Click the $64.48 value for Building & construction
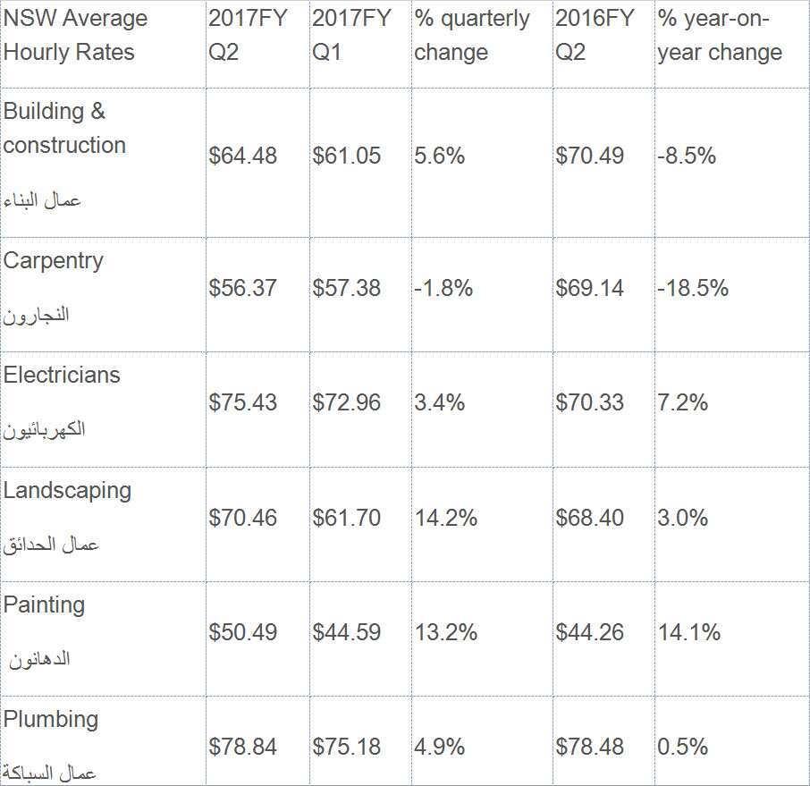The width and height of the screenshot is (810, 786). click(243, 156)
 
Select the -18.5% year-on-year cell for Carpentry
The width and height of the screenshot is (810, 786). click(692, 288)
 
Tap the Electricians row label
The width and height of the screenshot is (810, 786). click(62, 375)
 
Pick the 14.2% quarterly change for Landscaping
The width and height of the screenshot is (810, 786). click(445, 518)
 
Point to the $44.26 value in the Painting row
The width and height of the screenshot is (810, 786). click(589, 632)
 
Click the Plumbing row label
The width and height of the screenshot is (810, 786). click(51, 719)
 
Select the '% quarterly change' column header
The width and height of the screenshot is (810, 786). click(471, 36)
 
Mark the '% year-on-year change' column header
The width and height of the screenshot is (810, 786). click(720, 36)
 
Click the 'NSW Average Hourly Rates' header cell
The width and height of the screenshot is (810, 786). click(75, 36)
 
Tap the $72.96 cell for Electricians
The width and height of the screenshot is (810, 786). click(346, 402)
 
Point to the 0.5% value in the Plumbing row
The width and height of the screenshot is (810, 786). click(682, 747)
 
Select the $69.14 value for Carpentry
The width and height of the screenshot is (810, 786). click(589, 288)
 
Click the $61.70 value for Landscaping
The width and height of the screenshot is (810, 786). click(346, 518)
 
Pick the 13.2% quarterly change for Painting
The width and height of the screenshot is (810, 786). click(445, 632)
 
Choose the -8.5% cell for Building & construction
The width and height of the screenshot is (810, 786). click(686, 156)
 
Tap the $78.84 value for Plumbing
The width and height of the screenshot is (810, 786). click(243, 747)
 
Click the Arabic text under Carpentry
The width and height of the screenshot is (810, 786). click(37, 316)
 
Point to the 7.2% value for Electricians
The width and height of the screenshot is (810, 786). click(682, 402)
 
